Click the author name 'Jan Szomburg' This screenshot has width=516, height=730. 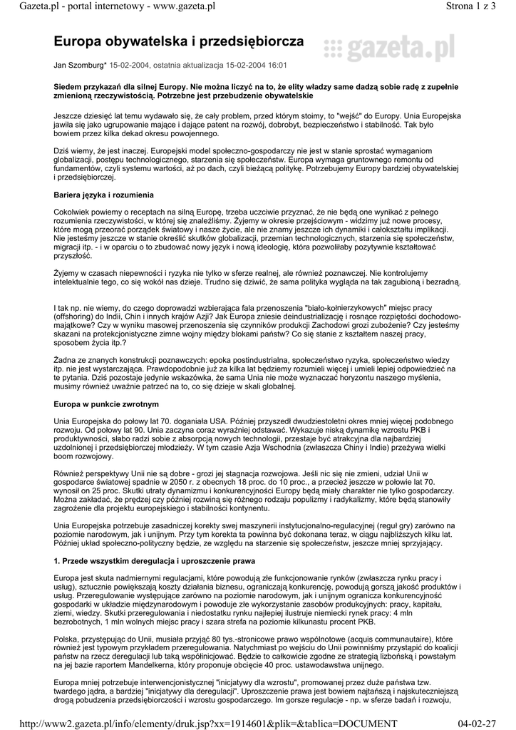click(x=79, y=65)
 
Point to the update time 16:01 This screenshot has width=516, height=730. click(x=277, y=65)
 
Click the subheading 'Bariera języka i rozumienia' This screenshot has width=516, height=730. click(x=103, y=195)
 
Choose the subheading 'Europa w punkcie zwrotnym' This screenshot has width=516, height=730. click(x=102, y=404)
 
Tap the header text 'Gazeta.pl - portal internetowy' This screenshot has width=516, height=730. click(x=100, y=6)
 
